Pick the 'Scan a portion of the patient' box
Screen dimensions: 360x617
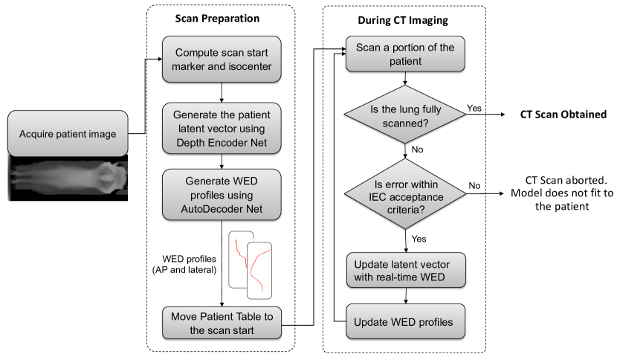(x=404, y=54)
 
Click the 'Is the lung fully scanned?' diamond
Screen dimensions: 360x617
(x=404, y=115)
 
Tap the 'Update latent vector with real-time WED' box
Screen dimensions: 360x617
(x=404, y=270)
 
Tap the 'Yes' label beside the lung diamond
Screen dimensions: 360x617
(x=474, y=108)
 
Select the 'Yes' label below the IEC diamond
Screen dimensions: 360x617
(x=418, y=239)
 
